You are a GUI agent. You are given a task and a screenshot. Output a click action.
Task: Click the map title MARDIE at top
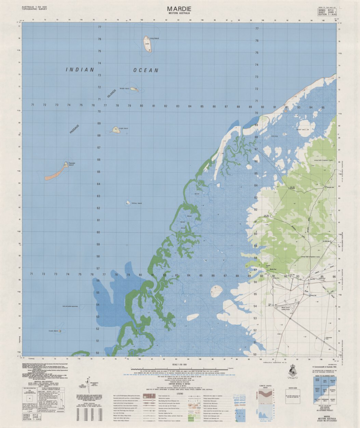tap(179, 9)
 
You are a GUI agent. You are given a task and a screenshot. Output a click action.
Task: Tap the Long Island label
tap(154, 38)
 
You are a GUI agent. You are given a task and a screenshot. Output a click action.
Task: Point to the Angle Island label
tap(123, 128)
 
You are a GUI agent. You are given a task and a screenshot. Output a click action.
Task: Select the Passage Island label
tap(71, 164)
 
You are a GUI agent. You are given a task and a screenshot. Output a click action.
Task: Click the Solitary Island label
tap(136, 203)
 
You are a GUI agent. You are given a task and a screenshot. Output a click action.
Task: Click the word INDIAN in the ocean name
tap(80, 70)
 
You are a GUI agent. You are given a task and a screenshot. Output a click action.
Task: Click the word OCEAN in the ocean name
tap(146, 70)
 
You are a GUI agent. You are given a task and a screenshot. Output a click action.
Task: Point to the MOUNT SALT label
tap(302, 130)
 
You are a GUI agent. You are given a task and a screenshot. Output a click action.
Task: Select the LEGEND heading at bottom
tap(180, 394)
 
